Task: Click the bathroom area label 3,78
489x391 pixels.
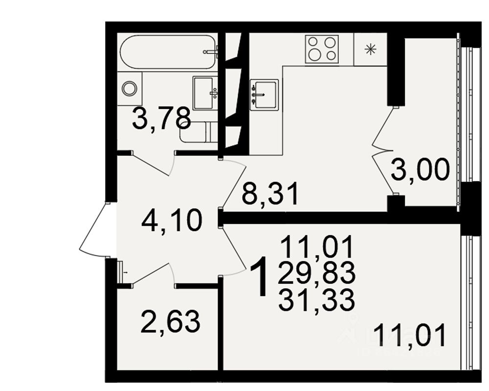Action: (x=161, y=119)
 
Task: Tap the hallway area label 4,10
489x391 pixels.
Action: (x=172, y=221)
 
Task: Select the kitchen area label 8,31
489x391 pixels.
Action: (x=270, y=195)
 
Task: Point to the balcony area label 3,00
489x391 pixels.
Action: (x=420, y=171)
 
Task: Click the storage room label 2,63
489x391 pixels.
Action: (x=170, y=322)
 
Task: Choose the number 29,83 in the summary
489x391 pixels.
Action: (x=316, y=274)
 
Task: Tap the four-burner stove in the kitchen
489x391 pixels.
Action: (x=321, y=49)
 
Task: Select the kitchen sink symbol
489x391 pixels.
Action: (x=264, y=94)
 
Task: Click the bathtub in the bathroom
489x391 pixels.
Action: (x=167, y=51)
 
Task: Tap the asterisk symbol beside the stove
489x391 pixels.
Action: (x=371, y=49)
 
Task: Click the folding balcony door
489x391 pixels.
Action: (x=384, y=152)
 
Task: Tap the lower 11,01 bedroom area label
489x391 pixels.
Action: (x=410, y=336)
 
